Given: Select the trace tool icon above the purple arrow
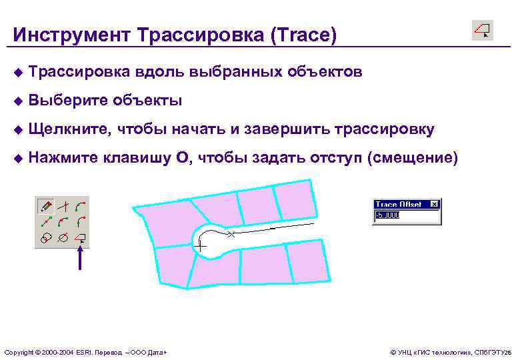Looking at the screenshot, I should pos(80,237).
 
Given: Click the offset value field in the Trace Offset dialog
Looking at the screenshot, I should pos(407,216).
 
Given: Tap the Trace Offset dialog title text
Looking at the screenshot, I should pos(399,204).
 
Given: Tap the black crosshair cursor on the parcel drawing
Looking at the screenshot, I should pos(200,247).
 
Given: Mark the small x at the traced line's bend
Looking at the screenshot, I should pos(231,235).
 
